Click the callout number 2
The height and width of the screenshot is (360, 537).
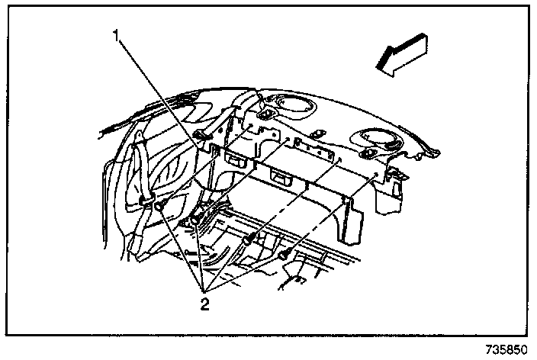tap(204, 304)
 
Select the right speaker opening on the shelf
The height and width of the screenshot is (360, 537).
tap(376, 139)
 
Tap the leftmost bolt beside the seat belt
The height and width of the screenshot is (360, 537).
tap(159, 204)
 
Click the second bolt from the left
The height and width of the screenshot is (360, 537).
tap(196, 221)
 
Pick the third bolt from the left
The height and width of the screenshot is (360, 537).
tap(248, 241)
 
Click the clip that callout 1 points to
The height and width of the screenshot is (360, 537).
tap(200, 137)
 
